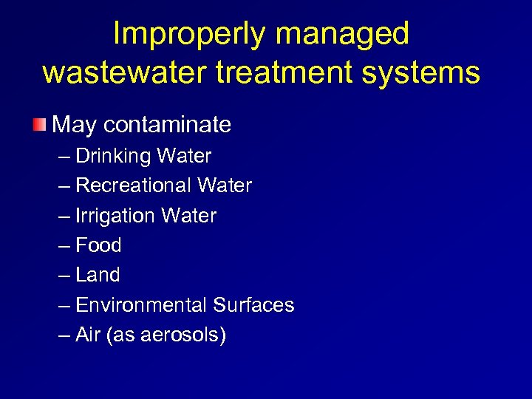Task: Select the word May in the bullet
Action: (75, 125)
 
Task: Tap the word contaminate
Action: (167, 124)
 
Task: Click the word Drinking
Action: (112, 156)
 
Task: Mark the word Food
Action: (98, 245)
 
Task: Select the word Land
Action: (98, 275)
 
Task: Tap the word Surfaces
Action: (253, 304)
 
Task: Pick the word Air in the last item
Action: (89, 335)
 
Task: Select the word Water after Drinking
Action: (185, 156)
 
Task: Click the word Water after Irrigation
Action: (188, 216)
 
